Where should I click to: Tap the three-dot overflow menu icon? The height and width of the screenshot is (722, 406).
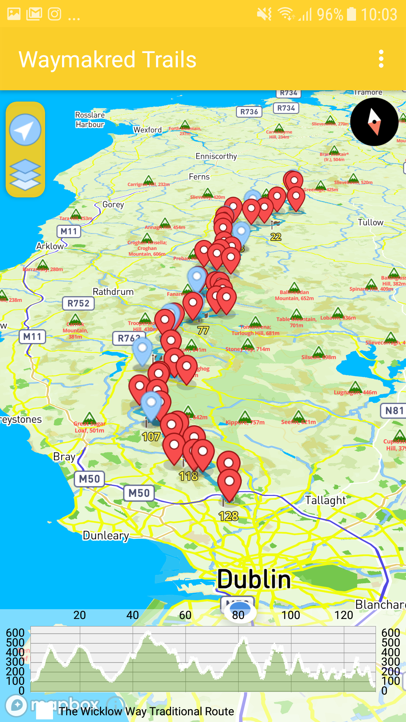point(381,59)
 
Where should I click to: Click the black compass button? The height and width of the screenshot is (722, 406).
point(374,122)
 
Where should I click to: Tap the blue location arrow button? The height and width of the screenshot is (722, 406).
point(25,130)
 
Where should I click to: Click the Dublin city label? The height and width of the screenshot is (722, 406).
point(254,579)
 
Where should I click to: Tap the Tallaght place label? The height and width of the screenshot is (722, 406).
point(325,500)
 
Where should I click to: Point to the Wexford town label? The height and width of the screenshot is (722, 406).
point(147,130)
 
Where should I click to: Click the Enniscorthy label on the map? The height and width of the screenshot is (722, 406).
point(216,156)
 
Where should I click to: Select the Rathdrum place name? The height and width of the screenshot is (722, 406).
point(113,292)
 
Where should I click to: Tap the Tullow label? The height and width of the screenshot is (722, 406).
point(371,222)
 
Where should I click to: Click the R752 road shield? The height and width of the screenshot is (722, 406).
point(78,303)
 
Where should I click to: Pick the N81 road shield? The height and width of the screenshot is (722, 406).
point(394,411)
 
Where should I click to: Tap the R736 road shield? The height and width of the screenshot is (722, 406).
point(249,112)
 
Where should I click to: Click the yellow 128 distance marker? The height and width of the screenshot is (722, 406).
point(229,516)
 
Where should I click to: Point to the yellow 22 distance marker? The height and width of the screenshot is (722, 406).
point(276,237)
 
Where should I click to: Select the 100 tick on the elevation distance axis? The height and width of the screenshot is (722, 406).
point(291,615)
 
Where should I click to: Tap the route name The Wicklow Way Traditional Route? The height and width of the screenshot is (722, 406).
point(147,711)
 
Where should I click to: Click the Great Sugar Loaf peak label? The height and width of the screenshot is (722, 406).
point(89,427)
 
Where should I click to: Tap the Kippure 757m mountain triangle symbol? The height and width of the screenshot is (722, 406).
point(245,416)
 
